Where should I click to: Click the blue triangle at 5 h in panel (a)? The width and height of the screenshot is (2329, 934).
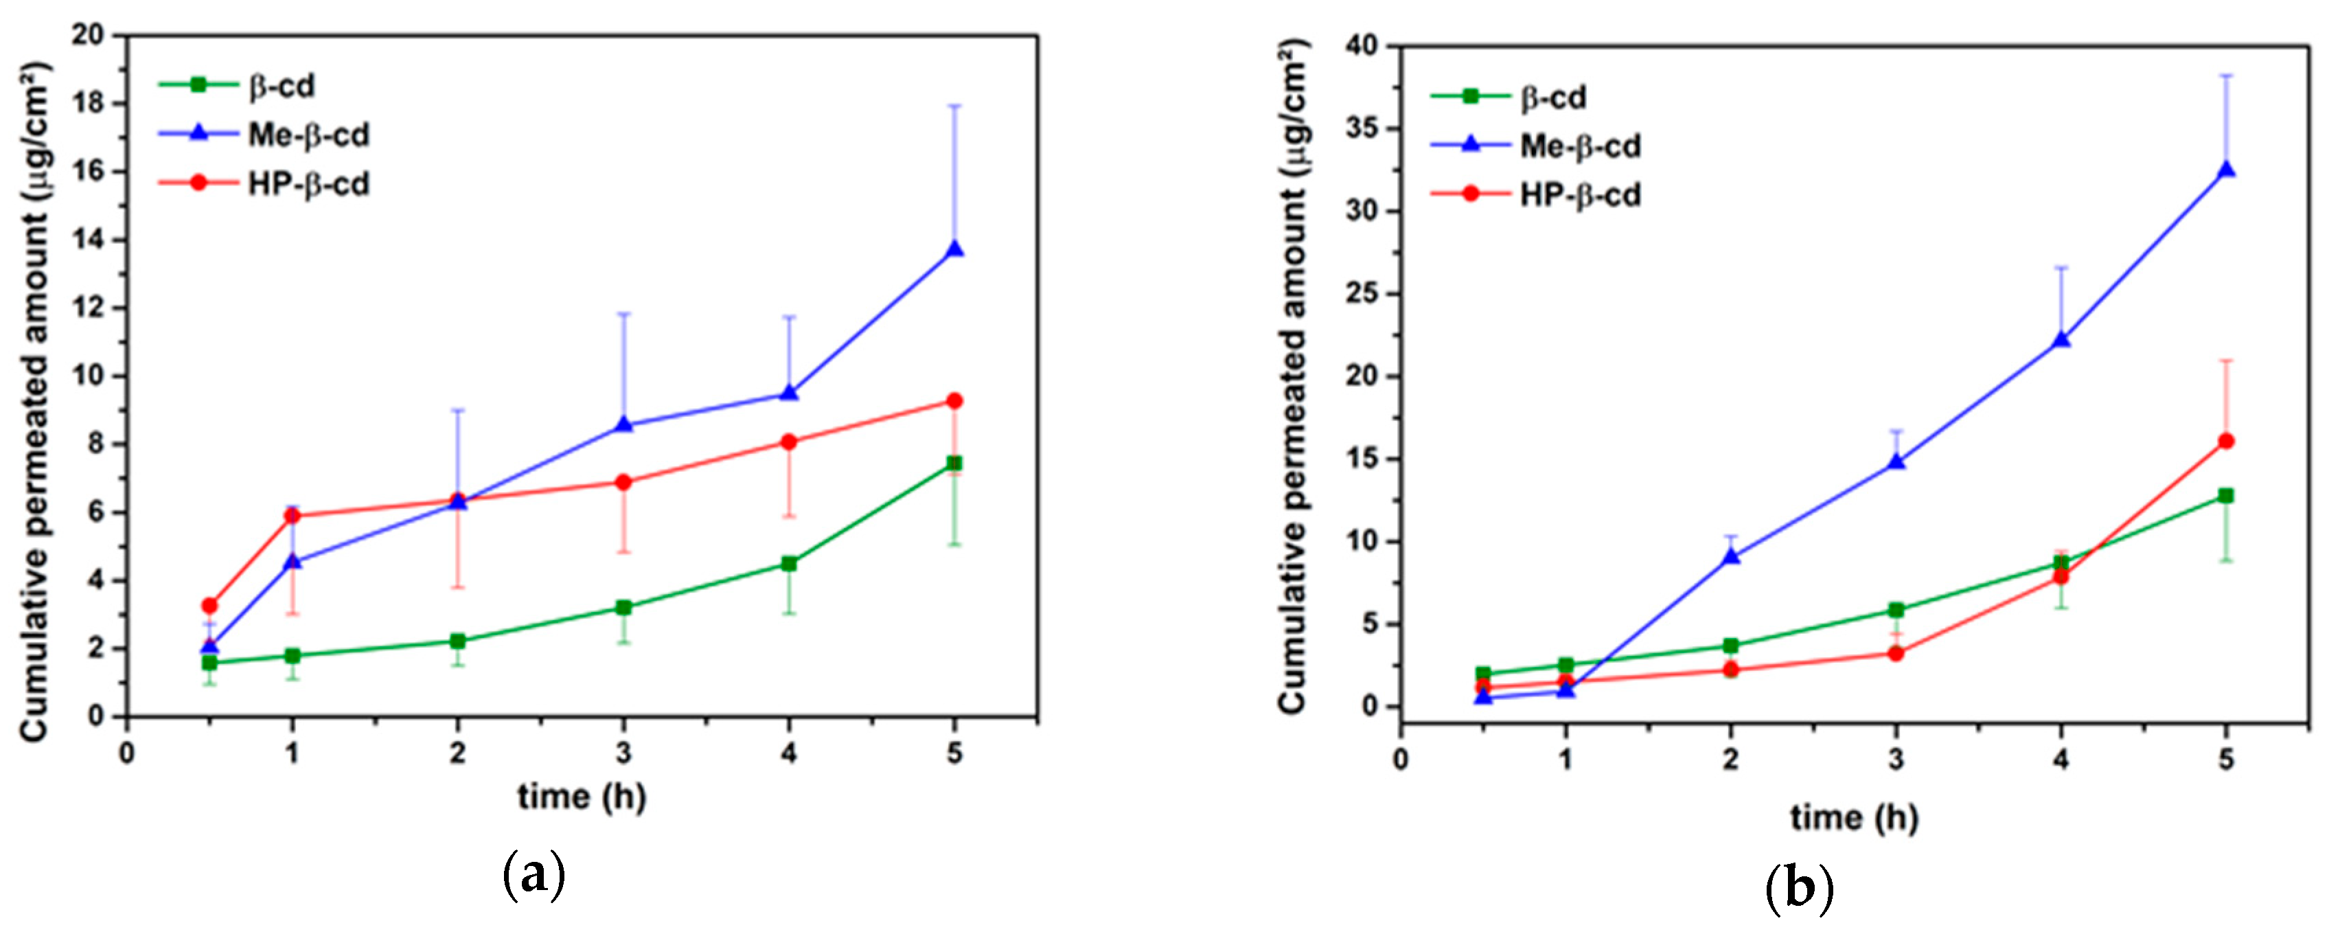point(954,249)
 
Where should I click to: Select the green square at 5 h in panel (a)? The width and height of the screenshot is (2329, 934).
point(954,463)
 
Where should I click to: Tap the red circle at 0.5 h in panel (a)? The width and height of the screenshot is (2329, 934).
point(209,605)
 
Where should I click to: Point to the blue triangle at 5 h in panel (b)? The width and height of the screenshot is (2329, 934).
point(2226,170)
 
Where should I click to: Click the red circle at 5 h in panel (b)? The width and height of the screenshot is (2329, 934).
point(2226,441)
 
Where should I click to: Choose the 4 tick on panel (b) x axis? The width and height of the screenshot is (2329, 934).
point(2061,760)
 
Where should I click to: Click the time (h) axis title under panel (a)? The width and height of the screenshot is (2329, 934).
point(582,797)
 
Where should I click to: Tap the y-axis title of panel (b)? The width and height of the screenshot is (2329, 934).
point(1294,375)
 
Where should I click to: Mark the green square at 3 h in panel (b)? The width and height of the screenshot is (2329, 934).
point(1896,611)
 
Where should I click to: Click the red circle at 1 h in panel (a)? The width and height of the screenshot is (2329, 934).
point(292,515)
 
